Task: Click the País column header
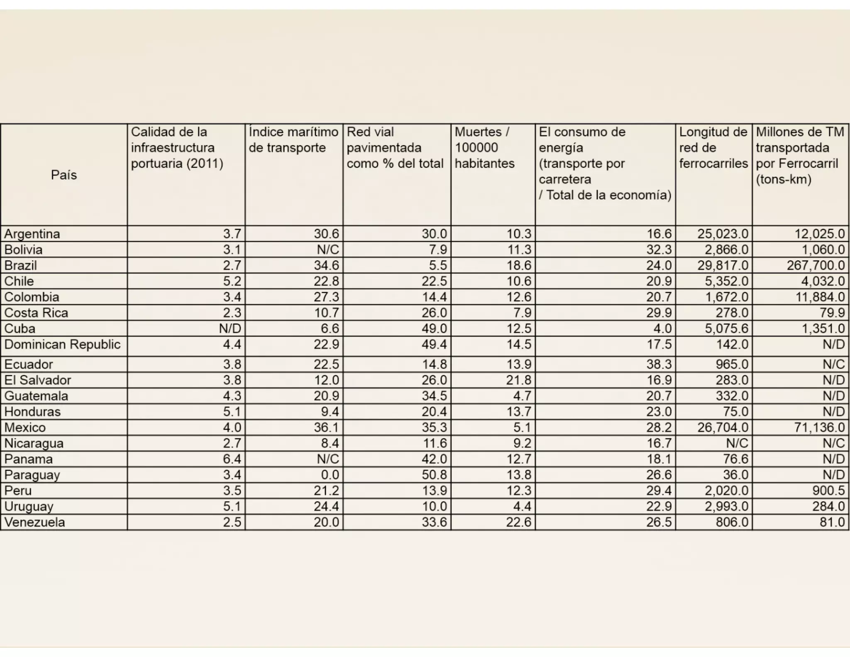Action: click(64, 175)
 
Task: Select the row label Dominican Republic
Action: click(62, 345)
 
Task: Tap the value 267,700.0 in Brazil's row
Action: click(816, 265)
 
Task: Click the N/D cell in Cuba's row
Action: click(230, 328)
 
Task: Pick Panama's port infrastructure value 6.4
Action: click(232, 459)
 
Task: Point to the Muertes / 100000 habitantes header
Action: click(484, 148)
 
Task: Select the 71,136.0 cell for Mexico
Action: click(819, 427)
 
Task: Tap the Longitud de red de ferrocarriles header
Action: click(713, 148)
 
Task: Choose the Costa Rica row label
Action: click(36, 313)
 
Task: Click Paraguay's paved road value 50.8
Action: click(434, 475)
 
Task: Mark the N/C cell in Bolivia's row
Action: click(328, 250)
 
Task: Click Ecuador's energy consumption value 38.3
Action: click(659, 364)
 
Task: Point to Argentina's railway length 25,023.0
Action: click(723, 234)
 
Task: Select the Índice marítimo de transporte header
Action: click(293, 140)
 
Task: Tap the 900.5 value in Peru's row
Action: click(828, 490)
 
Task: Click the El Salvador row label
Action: click(38, 380)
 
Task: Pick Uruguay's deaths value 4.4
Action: click(522, 506)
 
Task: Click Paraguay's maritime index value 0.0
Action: click(330, 475)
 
